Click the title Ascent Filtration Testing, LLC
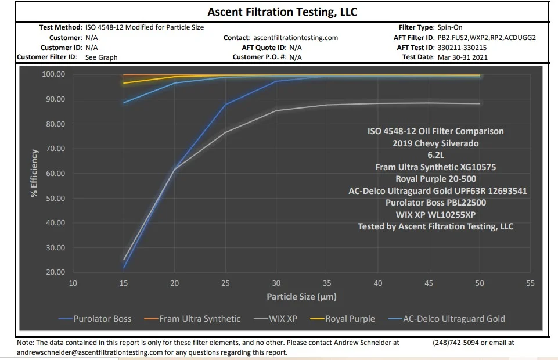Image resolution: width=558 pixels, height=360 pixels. point(282,12)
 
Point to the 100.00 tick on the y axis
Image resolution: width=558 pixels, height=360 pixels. point(53,75)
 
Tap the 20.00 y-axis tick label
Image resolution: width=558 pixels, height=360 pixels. point(55,272)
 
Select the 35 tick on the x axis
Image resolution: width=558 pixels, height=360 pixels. point(327,283)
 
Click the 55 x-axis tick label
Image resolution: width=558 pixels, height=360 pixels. point(530,283)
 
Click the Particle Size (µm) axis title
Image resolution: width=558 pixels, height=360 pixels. point(301,297)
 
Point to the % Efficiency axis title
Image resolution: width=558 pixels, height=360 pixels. point(35,174)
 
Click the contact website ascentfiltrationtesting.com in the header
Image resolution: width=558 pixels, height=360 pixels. point(296,38)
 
